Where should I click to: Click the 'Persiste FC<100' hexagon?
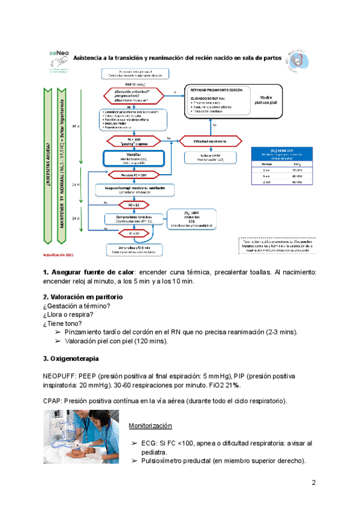point(133,175)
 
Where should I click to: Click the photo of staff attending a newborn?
point(81,437)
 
